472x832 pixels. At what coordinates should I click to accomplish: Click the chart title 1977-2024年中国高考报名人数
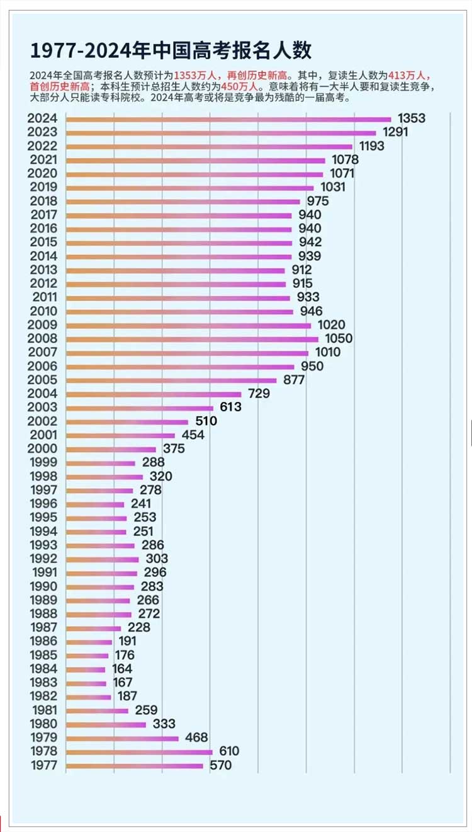pos(171,50)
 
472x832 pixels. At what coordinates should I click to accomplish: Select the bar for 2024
pos(228,119)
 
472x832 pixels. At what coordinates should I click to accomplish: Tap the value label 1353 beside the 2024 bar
pos(412,118)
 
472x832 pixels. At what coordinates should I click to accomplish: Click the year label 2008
pos(43,339)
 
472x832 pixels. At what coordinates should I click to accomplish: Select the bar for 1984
pos(86,670)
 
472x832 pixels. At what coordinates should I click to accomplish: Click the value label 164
pos(122,669)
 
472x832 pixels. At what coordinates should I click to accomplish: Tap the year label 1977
pos(43,766)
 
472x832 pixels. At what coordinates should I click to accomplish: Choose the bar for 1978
pos(139,752)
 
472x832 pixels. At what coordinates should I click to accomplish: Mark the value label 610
pos(229,751)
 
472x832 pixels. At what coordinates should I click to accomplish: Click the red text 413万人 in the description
pos(410,74)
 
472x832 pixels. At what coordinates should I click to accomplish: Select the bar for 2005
pos(171,380)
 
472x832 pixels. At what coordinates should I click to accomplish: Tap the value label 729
pos(259,394)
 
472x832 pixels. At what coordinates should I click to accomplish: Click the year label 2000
pos(43,449)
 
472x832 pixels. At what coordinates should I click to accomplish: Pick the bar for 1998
pos(104,477)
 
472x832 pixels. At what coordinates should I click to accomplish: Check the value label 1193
pos(372,146)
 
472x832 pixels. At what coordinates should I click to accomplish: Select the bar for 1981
pos(97,710)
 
